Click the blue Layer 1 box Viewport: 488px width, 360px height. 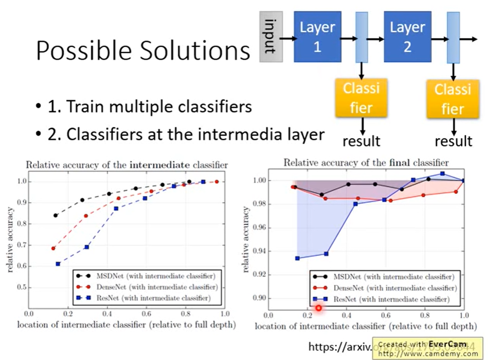(317, 37)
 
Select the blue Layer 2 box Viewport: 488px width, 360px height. (407, 37)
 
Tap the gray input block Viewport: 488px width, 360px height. (271, 37)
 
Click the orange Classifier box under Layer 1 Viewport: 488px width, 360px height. (361, 98)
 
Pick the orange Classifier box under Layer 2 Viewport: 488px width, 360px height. (453, 99)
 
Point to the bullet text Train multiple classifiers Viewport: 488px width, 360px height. (159, 107)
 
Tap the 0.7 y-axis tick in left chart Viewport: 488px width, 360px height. (20, 245)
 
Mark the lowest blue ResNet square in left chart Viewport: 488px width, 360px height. (58, 264)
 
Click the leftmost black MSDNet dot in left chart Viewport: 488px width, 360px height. (55, 215)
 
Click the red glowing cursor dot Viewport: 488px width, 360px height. (318, 307)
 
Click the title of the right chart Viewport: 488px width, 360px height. (366, 163)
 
